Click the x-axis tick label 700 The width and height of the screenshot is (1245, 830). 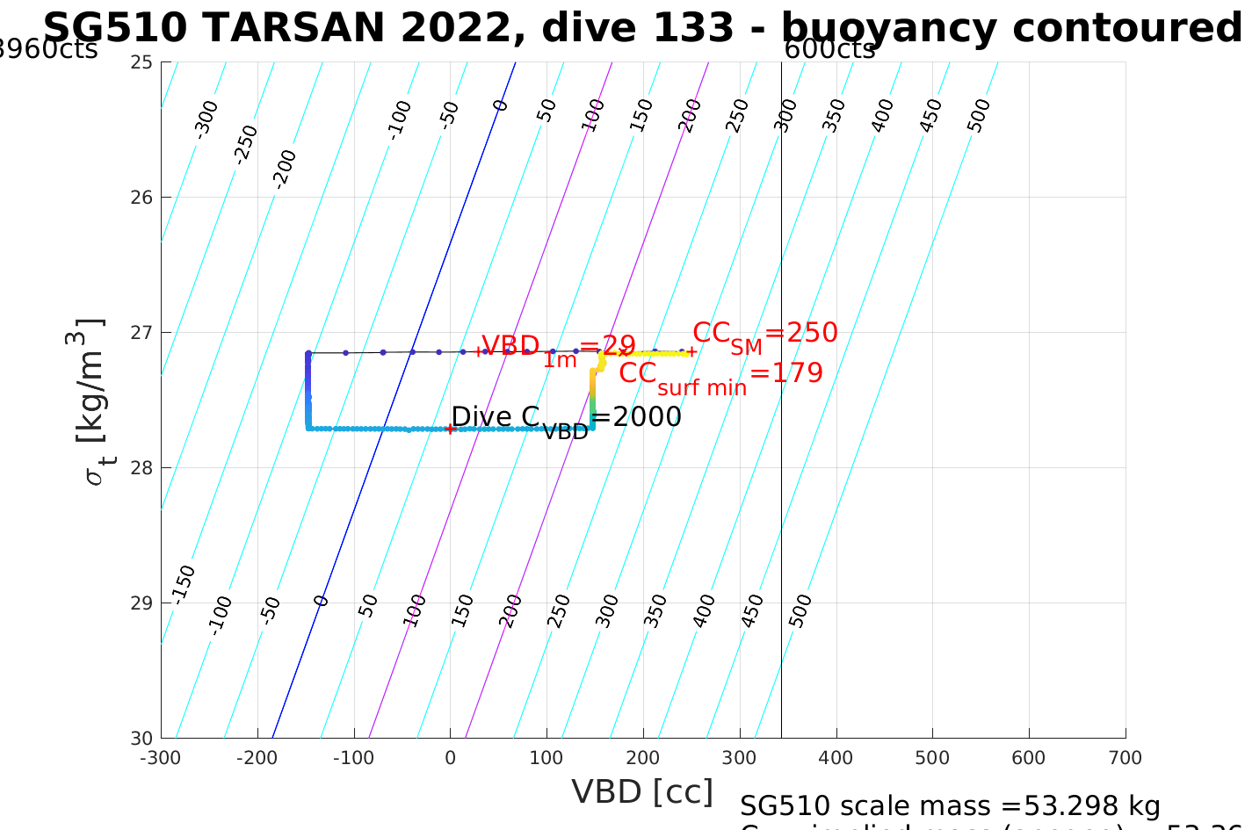point(1125,758)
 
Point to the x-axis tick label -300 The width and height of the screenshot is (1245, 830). point(160,758)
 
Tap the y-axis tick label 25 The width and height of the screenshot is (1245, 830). point(142,62)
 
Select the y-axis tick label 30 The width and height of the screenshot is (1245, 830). point(142,739)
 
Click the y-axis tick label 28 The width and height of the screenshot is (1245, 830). point(142,468)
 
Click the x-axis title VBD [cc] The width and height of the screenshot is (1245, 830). point(642,792)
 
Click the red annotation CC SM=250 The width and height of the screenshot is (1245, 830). point(764,335)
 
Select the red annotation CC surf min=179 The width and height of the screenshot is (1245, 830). point(720,375)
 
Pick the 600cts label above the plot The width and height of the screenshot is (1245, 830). point(829,50)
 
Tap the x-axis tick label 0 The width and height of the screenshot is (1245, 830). point(450,758)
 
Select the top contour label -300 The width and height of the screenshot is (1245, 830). point(206,119)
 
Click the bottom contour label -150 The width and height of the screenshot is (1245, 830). point(183,585)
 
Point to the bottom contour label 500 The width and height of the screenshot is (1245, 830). point(800,610)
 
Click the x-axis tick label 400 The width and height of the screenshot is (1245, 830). point(836,758)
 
